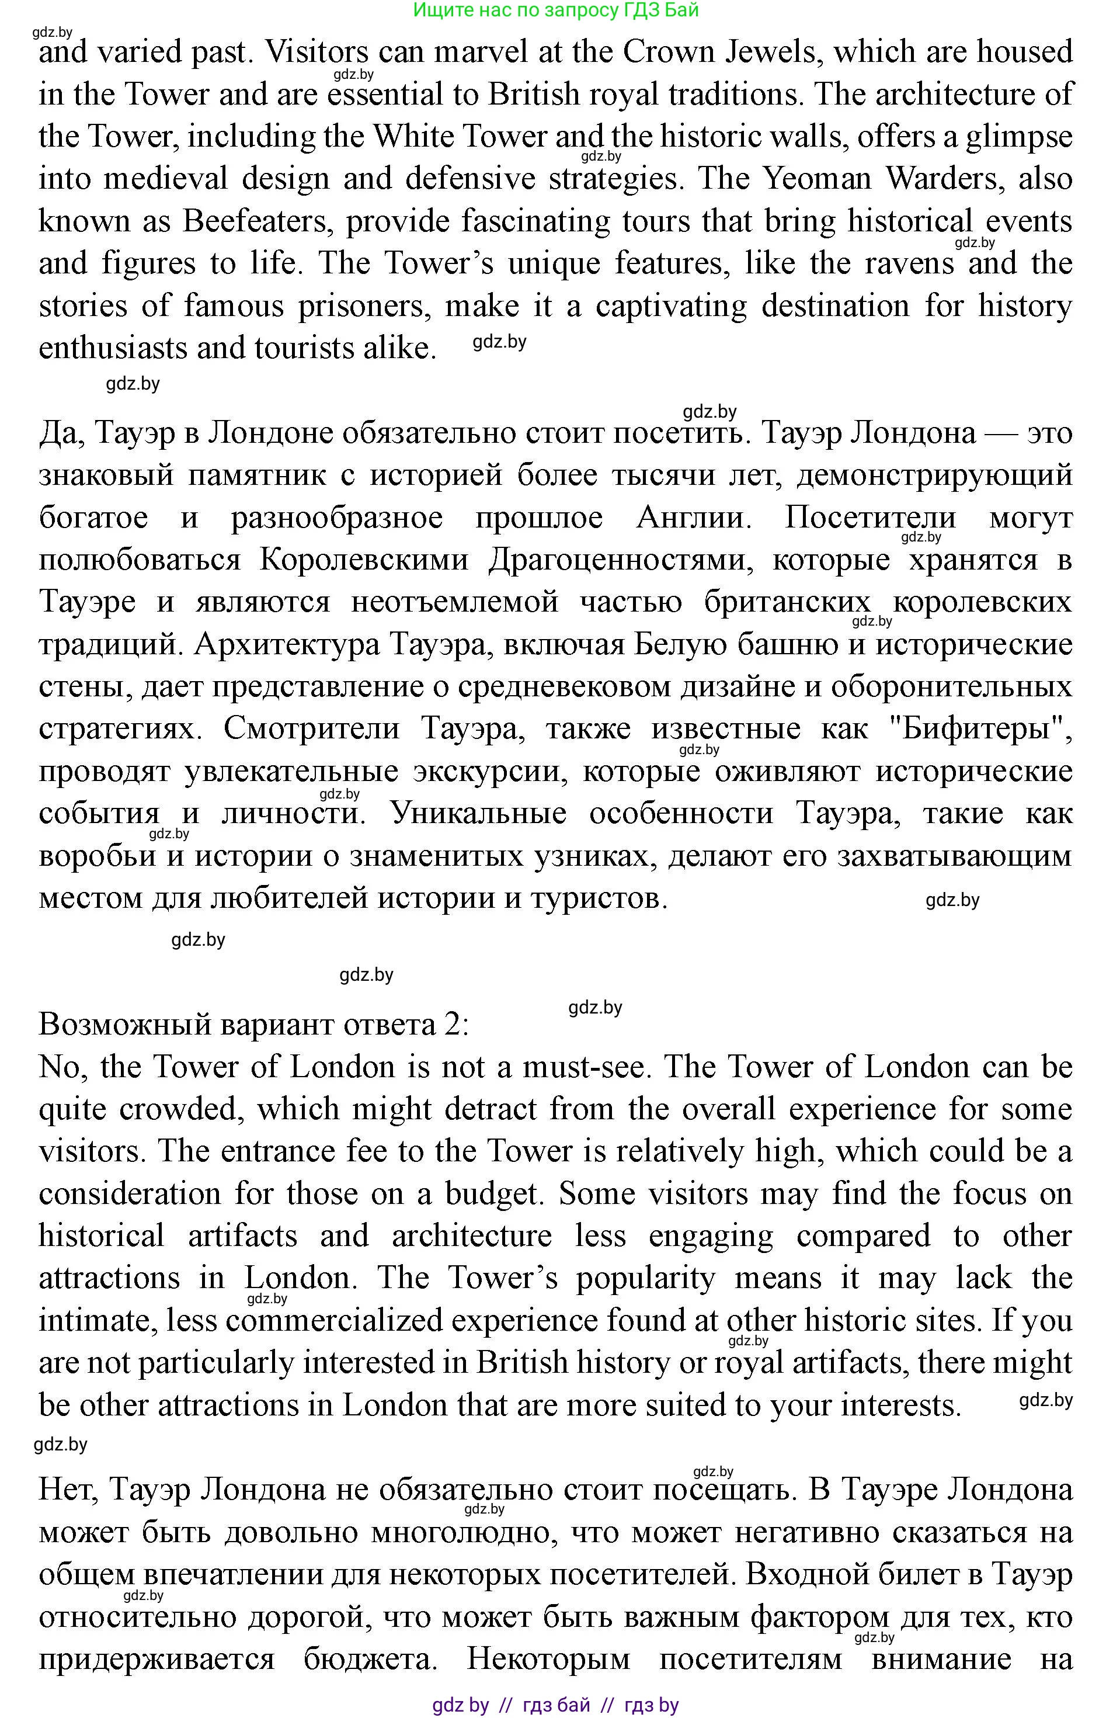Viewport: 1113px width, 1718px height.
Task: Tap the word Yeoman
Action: [x=818, y=179]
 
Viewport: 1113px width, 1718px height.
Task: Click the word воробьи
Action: [x=98, y=856]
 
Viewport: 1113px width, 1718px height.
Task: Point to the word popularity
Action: [x=645, y=1278]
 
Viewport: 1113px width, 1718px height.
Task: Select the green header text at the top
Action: [x=556, y=10]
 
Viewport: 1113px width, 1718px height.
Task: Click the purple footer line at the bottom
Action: [x=556, y=1705]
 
